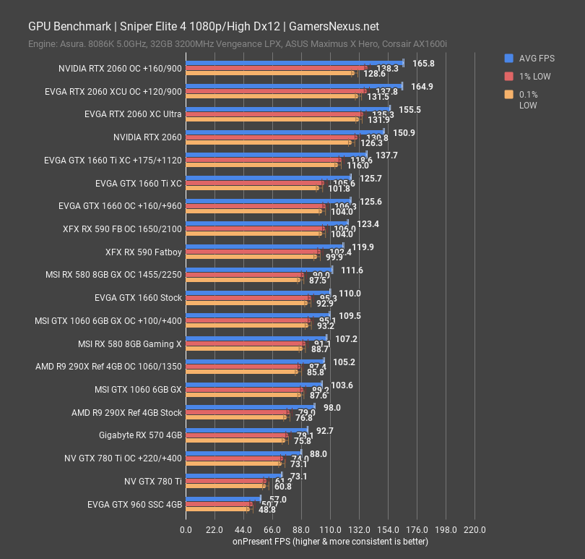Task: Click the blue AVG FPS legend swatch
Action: click(509, 59)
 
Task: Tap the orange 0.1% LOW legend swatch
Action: click(509, 94)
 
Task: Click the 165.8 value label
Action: click(423, 64)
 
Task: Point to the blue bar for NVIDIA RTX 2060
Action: click(285, 132)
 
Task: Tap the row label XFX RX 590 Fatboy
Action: click(144, 252)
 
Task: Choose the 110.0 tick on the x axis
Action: click(330, 529)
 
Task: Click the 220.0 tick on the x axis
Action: click(474, 529)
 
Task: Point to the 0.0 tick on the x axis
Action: click(186, 529)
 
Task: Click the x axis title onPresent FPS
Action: click(330, 542)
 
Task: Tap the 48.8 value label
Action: click(266, 510)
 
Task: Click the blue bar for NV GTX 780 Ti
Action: click(234, 476)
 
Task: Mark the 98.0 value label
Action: click(331, 408)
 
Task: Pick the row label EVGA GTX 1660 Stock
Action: click(138, 298)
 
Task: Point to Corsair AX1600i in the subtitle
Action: click(413, 45)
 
